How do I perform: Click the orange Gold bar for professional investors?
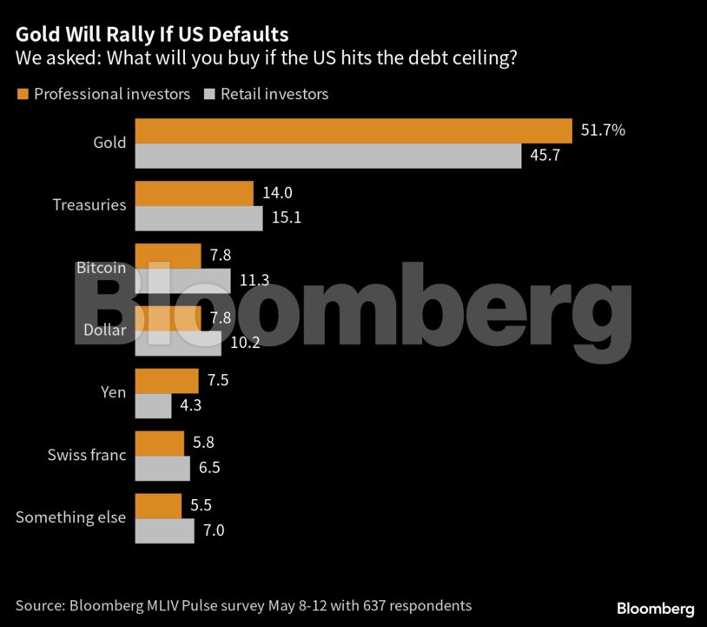(x=353, y=130)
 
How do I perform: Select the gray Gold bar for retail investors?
(x=328, y=156)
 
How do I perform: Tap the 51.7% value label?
(x=603, y=130)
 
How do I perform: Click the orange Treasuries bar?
(x=195, y=193)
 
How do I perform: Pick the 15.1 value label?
(x=286, y=218)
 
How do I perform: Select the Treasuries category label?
(x=89, y=205)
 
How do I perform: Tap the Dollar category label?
(x=103, y=330)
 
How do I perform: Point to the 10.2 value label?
(x=246, y=343)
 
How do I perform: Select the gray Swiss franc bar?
(x=163, y=468)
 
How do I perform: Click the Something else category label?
(x=70, y=517)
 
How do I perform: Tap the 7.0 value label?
(x=214, y=530)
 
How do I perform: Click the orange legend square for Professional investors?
(x=22, y=94)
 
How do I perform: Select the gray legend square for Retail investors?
(x=208, y=94)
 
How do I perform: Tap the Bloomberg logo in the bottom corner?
(x=656, y=608)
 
